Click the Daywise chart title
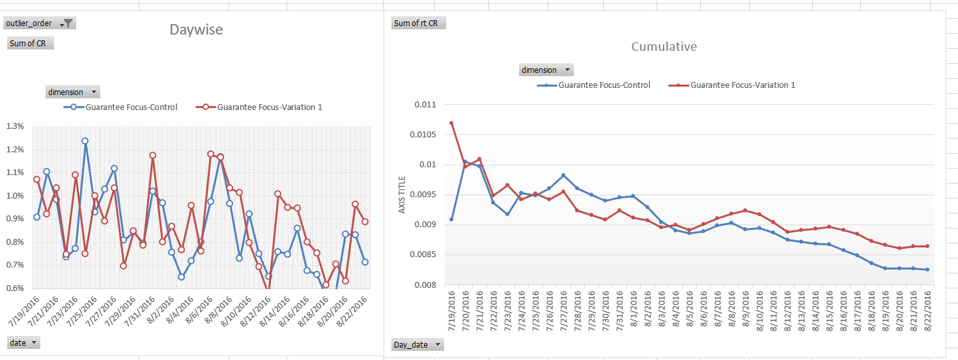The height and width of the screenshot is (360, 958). coord(196,29)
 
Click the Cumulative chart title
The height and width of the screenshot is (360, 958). coord(664,47)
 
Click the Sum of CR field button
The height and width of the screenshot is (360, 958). coord(31,44)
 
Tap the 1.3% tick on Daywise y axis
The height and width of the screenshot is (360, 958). coord(15,126)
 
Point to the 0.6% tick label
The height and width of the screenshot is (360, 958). coord(15,288)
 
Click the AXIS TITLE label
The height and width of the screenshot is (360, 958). coord(402,195)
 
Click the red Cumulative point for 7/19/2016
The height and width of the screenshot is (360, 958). coord(451,123)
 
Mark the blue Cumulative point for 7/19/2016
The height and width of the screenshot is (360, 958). coord(451,219)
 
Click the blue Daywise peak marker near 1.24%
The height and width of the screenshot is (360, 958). coord(85,141)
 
